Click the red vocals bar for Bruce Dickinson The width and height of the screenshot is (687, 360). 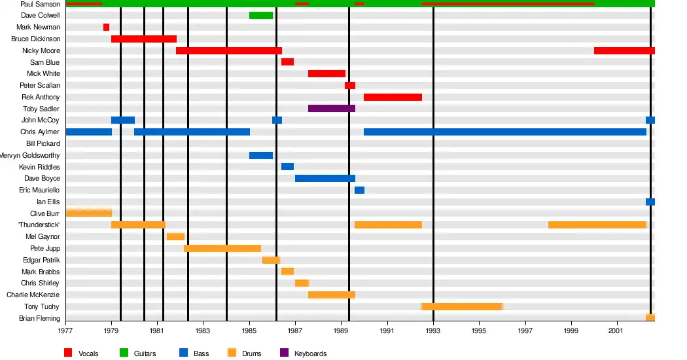click(x=143, y=39)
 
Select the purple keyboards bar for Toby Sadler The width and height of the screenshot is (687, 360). click(x=331, y=108)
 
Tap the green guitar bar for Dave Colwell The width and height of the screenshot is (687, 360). click(x=260, y=15)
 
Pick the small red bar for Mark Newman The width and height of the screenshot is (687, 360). click(x=106, y=27)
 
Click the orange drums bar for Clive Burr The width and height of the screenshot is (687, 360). click(x=88, y=213)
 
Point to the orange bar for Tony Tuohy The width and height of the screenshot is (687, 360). click(x=461, y=306)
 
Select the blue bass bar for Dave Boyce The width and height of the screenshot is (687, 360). click(x=325, y=178)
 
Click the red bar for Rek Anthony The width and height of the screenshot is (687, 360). click(x=393, y=97)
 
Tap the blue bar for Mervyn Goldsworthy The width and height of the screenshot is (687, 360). click(x=260, y=155)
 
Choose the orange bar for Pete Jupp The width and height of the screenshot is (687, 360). click(x=222, y=248)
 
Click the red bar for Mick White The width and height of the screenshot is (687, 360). click(x=326, y=73)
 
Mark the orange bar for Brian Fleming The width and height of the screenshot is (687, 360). click(x=650, y=317)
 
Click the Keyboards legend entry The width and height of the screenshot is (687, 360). click(x=310, y=353)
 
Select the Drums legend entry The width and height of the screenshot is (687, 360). click(x=251, y=353)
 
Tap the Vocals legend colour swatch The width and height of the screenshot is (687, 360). click(x=68, y=353)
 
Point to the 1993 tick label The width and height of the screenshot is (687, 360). click(x=433, y=332)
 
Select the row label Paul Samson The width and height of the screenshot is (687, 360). click(x=40, y=4)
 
